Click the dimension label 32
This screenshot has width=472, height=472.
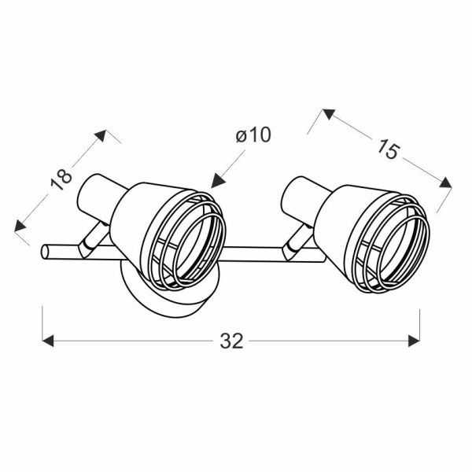[231, 341]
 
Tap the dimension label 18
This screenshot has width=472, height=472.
[61, 180]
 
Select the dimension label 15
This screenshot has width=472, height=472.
[389, 149]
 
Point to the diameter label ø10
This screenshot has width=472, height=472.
[253, 135]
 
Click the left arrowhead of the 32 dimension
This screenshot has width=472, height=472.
[48, 341]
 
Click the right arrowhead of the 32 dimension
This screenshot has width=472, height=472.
[415, 341]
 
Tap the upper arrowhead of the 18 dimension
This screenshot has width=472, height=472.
[101, 135]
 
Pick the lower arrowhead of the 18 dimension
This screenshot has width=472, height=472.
[20, 226]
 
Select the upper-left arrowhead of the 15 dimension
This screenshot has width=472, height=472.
[329, 114]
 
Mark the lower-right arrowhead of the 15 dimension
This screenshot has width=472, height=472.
[446, 183]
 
